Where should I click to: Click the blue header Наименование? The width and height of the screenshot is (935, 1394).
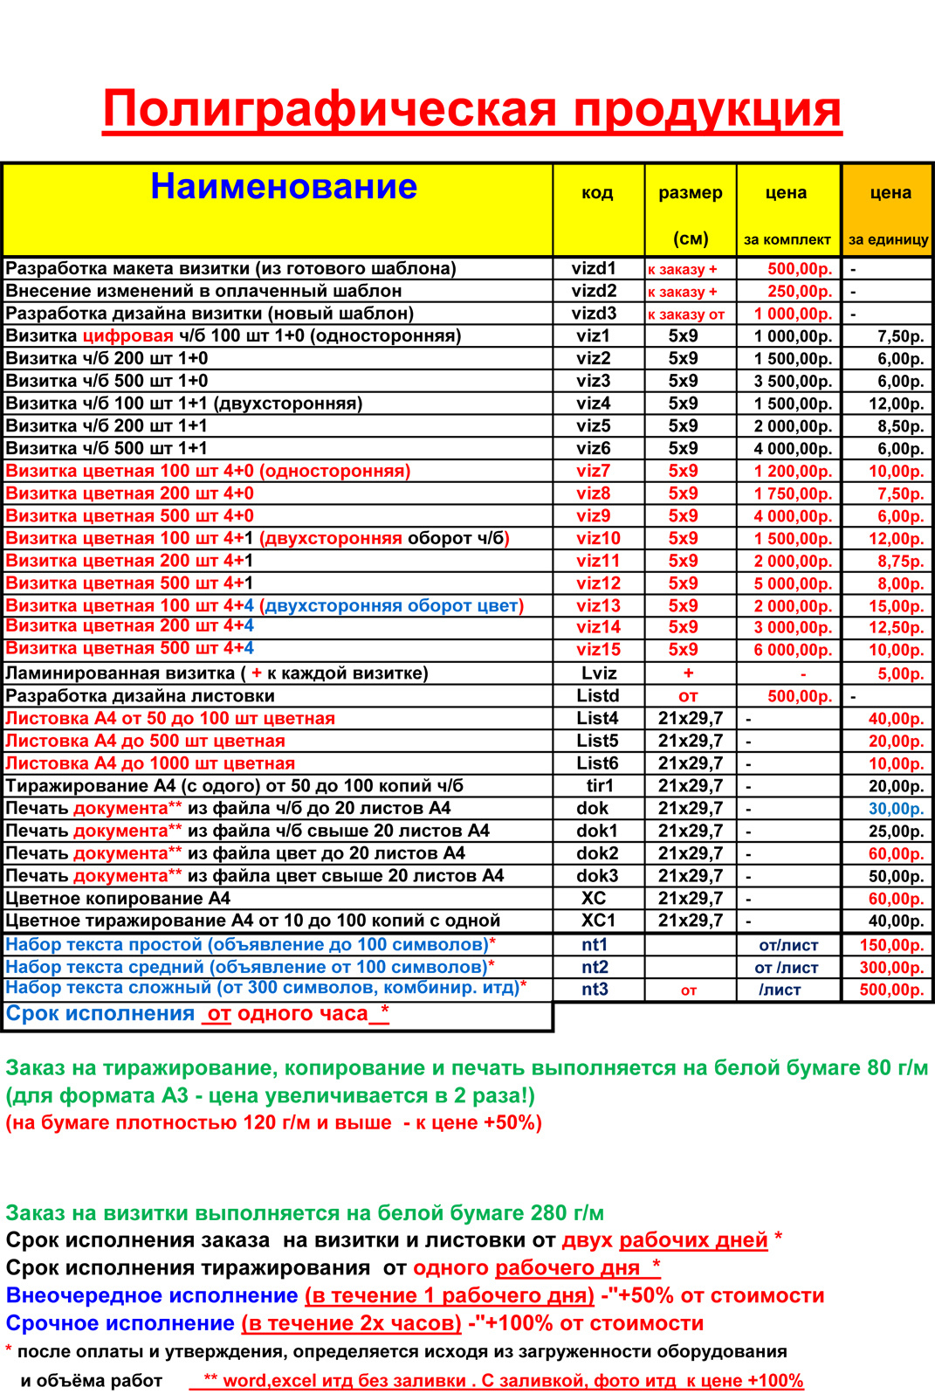tap(284, 187)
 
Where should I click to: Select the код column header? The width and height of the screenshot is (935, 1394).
tap(597, 193)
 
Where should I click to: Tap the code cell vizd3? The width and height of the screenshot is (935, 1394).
tap(595, 314)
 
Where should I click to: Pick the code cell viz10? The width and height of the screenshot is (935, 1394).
tap(598, 539)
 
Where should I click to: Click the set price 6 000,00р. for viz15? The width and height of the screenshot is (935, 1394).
tap(793, 651)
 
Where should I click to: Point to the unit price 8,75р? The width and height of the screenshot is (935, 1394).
tap(900, 562)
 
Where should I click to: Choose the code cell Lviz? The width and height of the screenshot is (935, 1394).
tap(599, 673)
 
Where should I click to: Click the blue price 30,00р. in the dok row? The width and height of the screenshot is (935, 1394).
tap(896, 809)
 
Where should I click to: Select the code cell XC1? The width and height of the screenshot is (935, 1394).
tap(598, 921)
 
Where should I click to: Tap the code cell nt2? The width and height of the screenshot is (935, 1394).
tap(595, 967)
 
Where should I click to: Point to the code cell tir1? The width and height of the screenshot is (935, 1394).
tap(600, 786)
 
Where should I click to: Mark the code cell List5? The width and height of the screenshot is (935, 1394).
tap(597, 741)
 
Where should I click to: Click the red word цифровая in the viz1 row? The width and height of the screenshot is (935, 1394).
tap(127, 336)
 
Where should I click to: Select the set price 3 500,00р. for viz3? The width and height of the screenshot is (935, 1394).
tap(793, 381)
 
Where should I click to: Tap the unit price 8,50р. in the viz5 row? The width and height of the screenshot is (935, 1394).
tap(900, 426)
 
